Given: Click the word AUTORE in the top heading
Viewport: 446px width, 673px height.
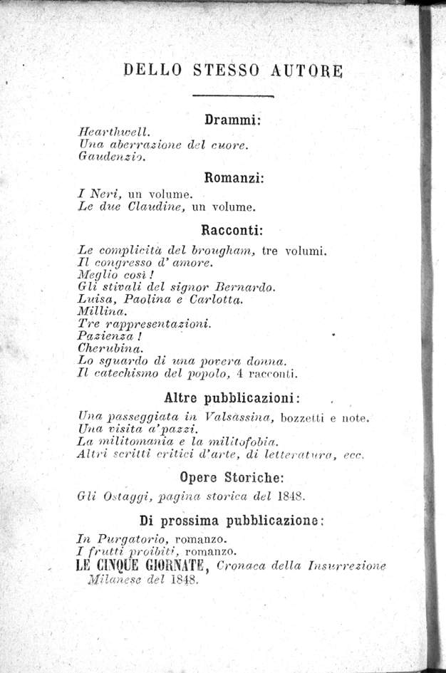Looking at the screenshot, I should click(307, 70).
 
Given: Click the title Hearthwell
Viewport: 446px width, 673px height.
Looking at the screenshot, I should click(113, 132).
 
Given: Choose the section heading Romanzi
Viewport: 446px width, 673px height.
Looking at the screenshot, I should click(234, 177).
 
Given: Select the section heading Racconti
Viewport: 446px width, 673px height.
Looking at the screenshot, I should click(233, 230).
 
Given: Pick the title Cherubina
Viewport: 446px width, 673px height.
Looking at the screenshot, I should click(110, 348).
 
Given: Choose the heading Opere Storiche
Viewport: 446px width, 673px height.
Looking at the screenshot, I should click(234, 477).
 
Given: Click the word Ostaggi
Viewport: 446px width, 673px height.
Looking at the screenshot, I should click(122, 496).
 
